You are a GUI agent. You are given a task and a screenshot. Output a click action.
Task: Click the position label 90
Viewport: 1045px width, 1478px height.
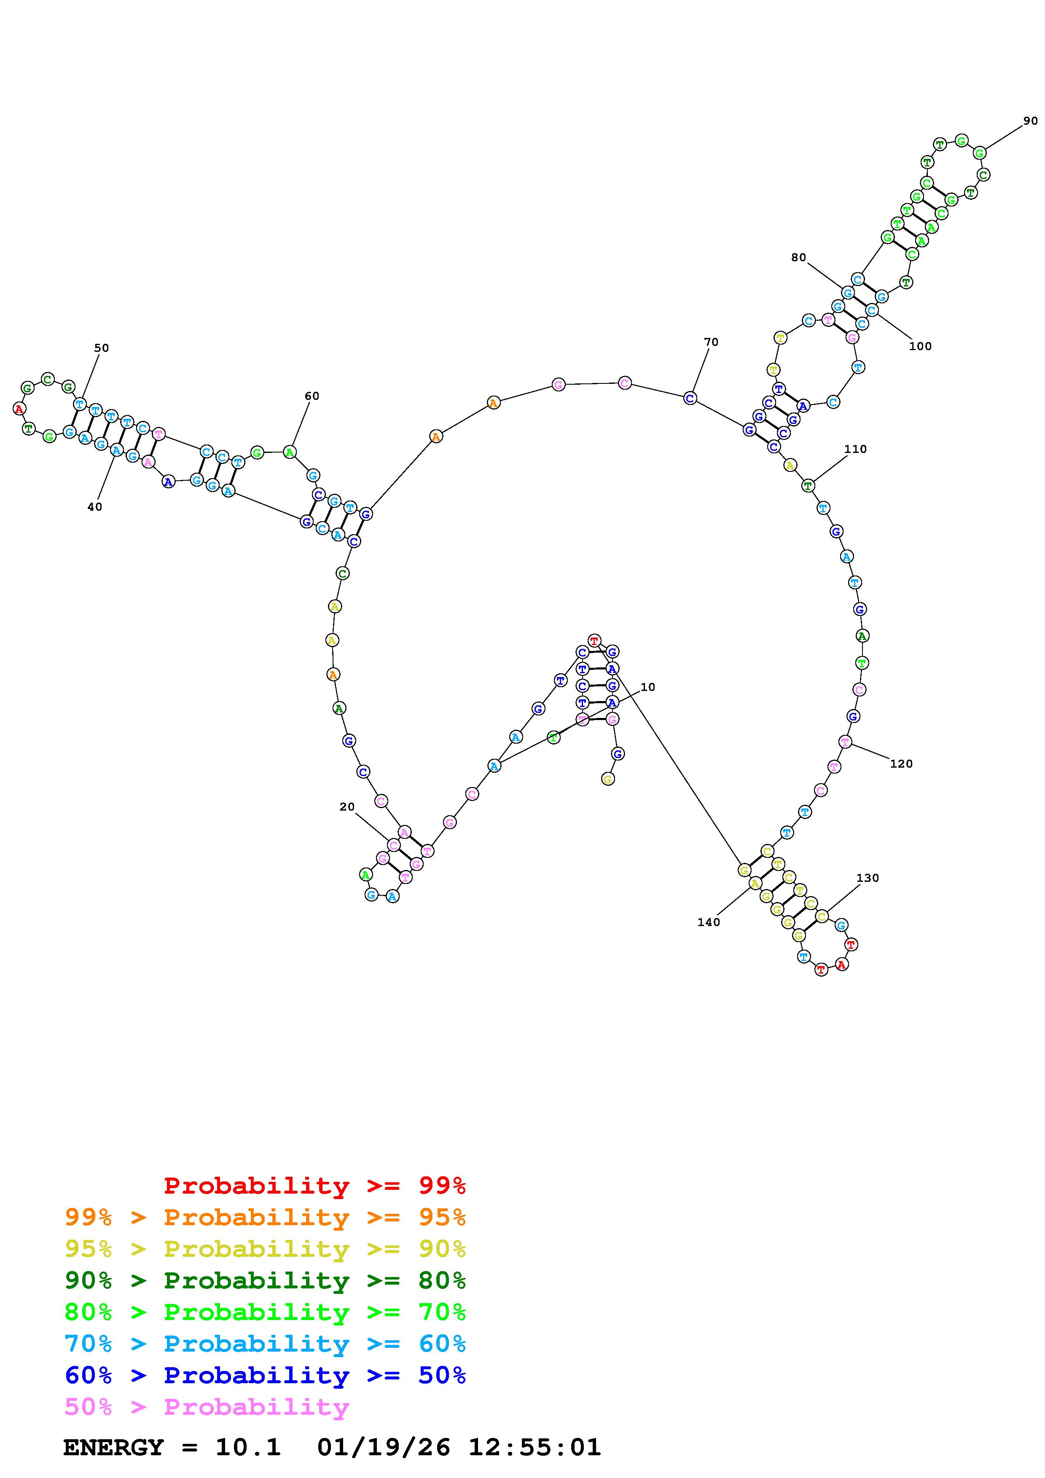point(1030,121)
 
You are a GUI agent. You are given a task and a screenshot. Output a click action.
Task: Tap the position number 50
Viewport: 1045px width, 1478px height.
point(102,348)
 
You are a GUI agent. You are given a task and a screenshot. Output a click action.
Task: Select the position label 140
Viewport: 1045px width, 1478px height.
point(709,922)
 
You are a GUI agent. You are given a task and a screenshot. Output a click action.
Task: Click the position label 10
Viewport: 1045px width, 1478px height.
point(648,687)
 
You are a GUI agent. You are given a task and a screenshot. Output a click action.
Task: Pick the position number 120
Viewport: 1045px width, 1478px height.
point(901,763)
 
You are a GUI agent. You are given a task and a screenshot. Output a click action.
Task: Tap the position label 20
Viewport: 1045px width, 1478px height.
point(347,806)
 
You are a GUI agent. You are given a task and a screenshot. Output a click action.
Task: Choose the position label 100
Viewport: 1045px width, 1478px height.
point(920,345)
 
